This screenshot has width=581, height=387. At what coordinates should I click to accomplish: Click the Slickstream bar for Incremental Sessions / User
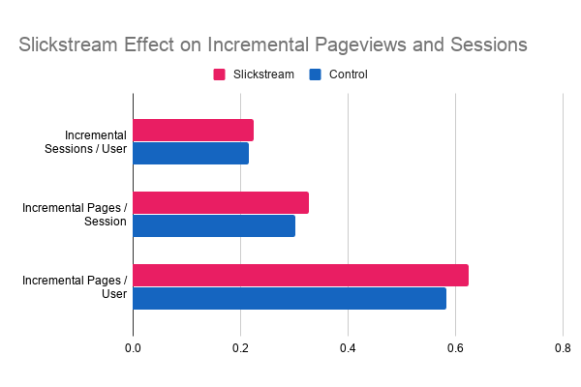tap(193, 131)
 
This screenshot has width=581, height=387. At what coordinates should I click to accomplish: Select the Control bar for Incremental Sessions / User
tap(191, 153)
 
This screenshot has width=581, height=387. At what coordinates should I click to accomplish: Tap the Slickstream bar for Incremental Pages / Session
tap(221, 203)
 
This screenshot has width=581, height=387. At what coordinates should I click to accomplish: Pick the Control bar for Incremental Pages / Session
tap(214, 225)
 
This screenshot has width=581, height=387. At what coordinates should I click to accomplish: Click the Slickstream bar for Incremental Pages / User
tap(300, 276)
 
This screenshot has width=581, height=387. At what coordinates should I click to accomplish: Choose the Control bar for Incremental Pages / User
tap(290, 298)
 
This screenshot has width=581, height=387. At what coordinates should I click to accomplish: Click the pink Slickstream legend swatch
tap(219, 74)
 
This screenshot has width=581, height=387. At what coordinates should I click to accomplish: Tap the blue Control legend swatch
tap(315, 74)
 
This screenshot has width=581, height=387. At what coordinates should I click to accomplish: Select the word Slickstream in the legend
tap(263, 74)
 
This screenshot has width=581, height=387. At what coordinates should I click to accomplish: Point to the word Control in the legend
tap(348, 74)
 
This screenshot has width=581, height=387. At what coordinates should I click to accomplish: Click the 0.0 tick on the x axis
tap(133, 348)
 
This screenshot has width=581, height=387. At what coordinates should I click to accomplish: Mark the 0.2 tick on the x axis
tap(240, 348)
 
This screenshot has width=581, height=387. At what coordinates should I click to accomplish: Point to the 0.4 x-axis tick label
tap(348, 348)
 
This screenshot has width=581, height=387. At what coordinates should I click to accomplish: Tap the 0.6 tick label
tap(455, 348)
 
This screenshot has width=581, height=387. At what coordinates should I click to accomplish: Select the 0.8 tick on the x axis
tap(563, 348)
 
